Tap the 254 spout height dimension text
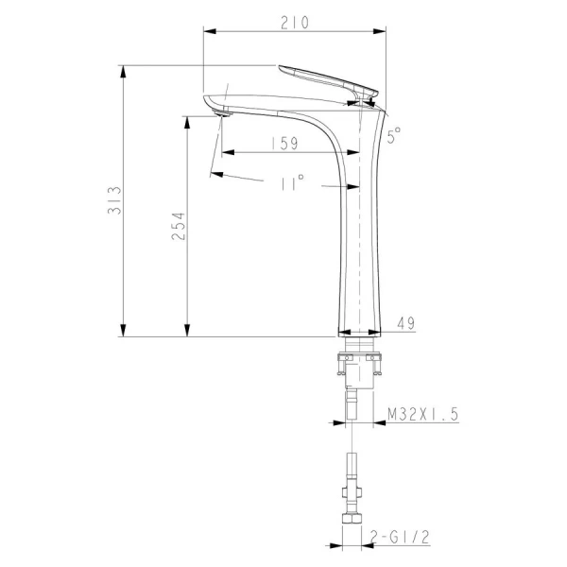click(178, 227)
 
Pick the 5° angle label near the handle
click(394, 135)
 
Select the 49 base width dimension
click(406, 323)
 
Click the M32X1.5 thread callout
click(422, 414)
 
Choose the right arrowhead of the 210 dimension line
click(383, 32)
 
